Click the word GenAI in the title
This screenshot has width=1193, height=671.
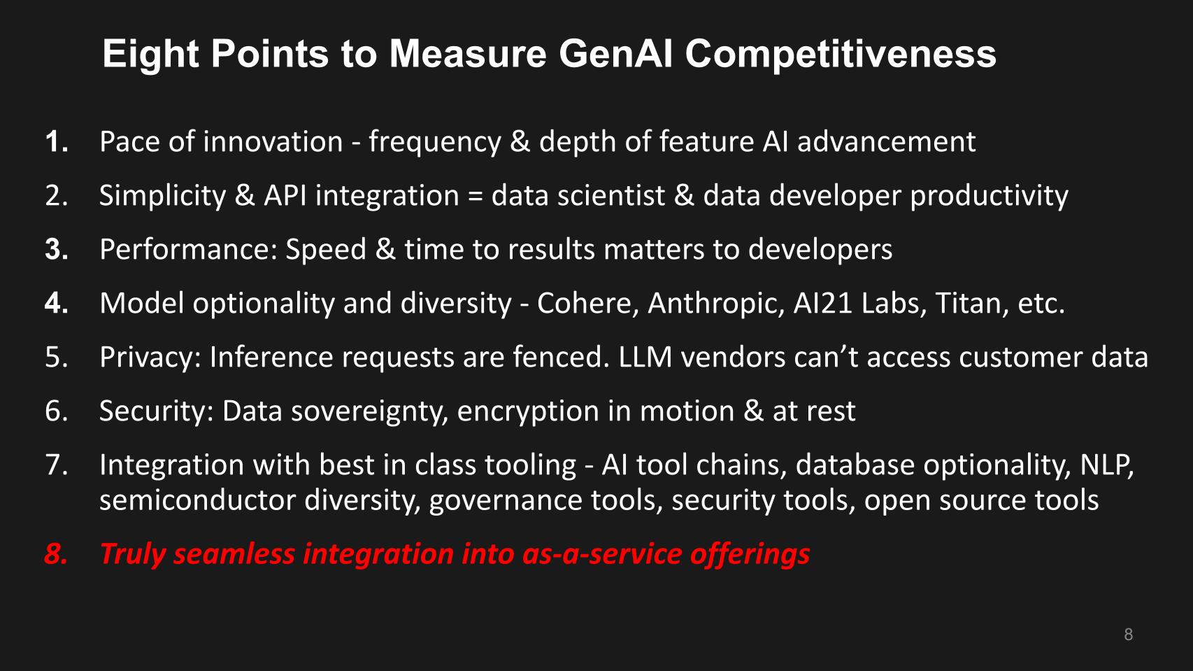tap(616, 54)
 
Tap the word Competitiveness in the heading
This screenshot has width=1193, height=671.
tap(841, 55)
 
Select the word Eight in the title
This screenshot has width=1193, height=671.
tap(151, 55)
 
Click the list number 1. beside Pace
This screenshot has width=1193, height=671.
tap(57, 142)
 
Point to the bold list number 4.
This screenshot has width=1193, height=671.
tap(57, 303)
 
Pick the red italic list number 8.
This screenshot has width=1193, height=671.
tap(57, 553)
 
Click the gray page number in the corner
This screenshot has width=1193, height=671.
tap(1128, 634)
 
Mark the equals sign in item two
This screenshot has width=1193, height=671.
tap(475, 196)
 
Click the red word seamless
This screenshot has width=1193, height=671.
tap(234, 553)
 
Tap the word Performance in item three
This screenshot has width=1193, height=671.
tap(189, 249)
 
